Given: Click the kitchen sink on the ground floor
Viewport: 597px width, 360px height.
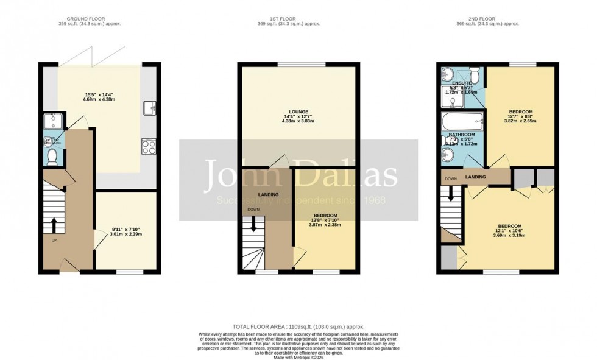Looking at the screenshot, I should tap(149, 109).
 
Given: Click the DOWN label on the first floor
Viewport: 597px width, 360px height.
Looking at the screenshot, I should tap(253, 209).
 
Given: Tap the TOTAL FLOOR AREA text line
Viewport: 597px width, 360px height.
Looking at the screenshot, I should tap(298, 327).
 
